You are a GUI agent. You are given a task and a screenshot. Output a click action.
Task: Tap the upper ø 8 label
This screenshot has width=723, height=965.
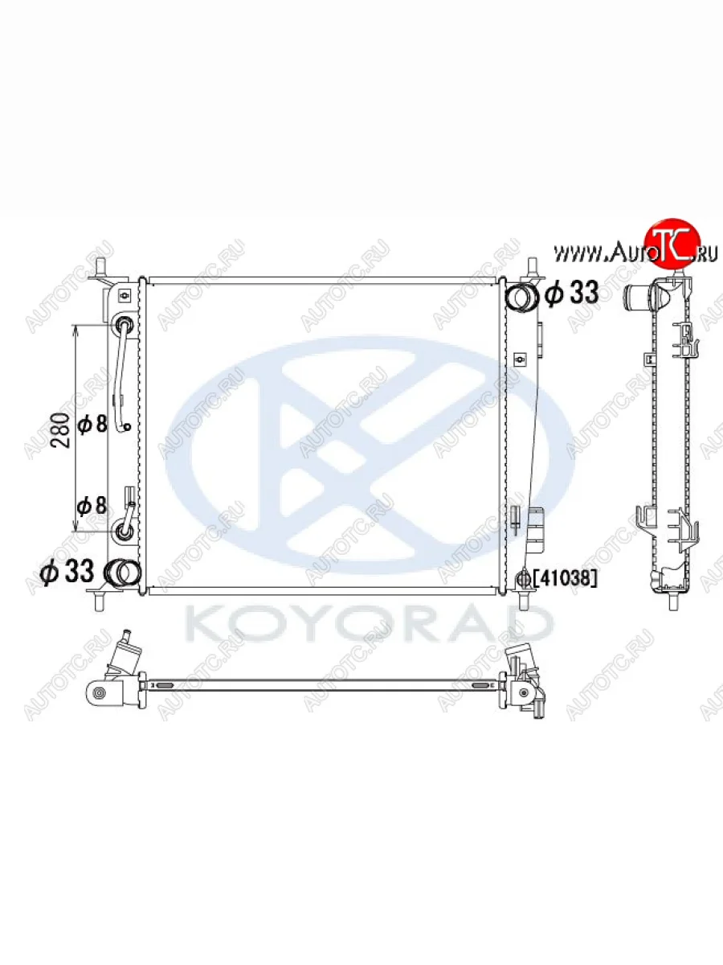point(92,425)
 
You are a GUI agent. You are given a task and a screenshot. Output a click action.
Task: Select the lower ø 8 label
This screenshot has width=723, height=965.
point(92,506)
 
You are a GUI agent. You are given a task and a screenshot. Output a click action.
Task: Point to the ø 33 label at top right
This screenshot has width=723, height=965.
point(572,293)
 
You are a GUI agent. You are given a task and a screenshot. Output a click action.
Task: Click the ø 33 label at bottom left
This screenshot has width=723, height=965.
point(67,571)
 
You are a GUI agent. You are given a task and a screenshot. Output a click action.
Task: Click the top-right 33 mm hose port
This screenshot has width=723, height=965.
point(521,296)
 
